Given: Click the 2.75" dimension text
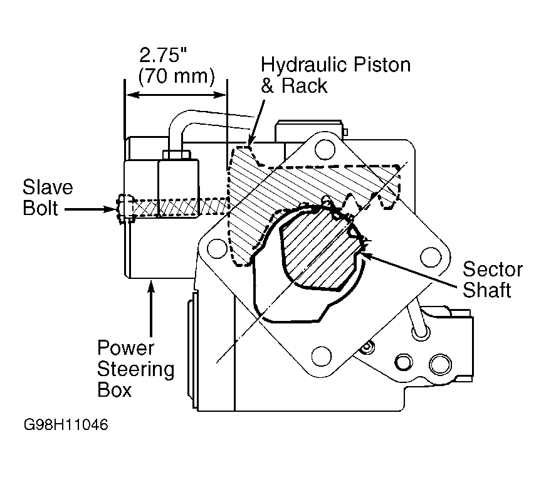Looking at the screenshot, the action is click(163, 55).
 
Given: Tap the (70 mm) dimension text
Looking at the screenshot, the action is click(176, 76).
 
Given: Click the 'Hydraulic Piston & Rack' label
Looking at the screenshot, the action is click(335, 75).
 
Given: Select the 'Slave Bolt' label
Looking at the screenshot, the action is click(48, 197).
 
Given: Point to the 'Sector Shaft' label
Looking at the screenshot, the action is click(492, 279).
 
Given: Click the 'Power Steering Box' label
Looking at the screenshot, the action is click(135, 369).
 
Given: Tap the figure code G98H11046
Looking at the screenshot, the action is click(66, 425).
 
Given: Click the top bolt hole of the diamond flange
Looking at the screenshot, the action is click(325, 149).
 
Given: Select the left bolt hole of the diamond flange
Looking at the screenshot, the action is click(217, 249).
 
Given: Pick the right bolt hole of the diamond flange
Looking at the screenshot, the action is click(431, 257).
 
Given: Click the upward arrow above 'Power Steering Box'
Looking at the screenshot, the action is click(151, 308).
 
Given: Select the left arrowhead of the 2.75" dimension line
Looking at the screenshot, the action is click(132, 95).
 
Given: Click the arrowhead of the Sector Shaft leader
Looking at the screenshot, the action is click(368, 256).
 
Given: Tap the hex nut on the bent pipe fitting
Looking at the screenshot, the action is click(177, 154).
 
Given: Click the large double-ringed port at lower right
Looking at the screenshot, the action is click(440, 364).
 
